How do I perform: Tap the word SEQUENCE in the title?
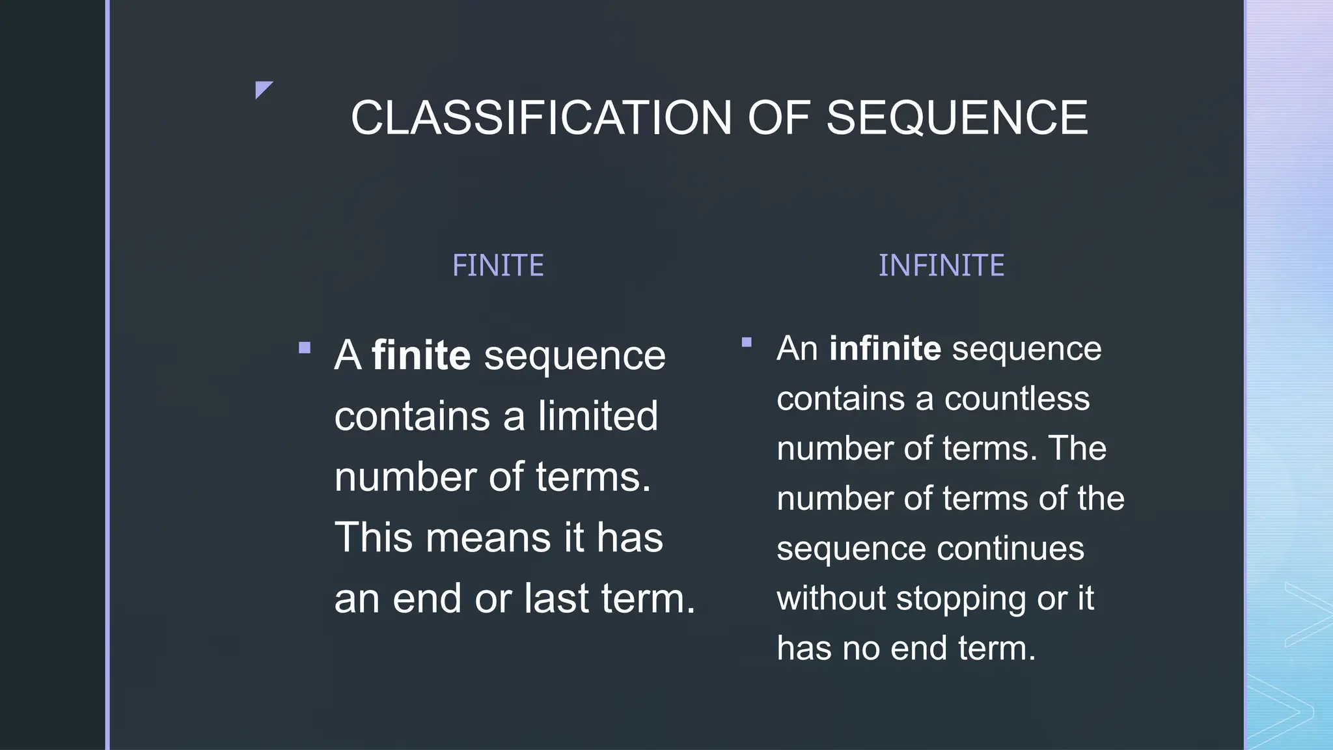[x=957, y=118]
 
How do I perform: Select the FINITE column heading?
[x=498, y=266]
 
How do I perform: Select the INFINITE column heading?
[x=941, y=266]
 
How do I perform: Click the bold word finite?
[x=421, y=355]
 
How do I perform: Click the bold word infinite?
[x=885, y=348]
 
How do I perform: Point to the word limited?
[x=598, y=416]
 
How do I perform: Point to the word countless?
[x=1017, y=398]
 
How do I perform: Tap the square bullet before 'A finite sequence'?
[x=305, y=348]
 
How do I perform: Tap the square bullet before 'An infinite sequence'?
[x=747, y=342]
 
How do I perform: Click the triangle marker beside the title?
[x=263, y=89]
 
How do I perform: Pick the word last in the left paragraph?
[x=557, y=598]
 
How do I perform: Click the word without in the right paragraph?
[x=831, y=598]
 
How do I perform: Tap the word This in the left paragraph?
[x=374, y=538]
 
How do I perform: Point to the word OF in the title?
[x=778, y=118]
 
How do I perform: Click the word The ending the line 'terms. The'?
[x=1077, y=449]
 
